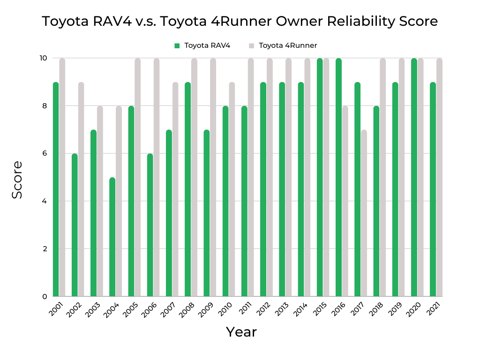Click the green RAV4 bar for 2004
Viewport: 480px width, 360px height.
[112, 237]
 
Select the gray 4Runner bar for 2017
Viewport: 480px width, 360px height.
[364, 213]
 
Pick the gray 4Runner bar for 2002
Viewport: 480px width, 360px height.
[81, 189]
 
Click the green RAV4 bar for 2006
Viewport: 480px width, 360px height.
[150, 225]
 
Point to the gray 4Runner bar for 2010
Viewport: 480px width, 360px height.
[232, 189]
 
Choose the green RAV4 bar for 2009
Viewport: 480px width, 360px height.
[206, 213]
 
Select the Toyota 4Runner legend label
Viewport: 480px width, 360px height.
[288, 45]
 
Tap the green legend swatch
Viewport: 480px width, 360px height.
[177, 45]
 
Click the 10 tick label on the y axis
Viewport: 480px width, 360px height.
[43, 58]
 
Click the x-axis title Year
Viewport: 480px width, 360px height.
[241, 332]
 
